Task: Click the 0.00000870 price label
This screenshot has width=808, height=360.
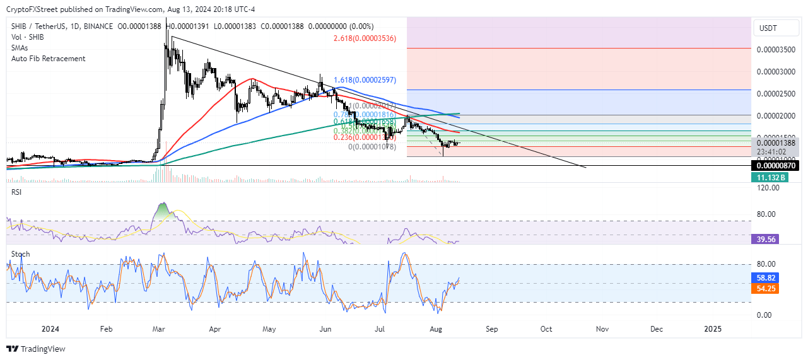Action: click(775, 165)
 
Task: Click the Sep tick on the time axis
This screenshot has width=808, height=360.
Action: click(491, 329)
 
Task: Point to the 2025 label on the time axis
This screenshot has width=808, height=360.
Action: click(712, 329)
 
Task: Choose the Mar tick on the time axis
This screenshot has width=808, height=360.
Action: click(159, 329)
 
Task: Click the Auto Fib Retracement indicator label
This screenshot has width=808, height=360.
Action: click(48, 59)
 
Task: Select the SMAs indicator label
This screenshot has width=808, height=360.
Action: click(21, 48)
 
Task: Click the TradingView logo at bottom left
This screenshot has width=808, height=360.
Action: click(36, 349)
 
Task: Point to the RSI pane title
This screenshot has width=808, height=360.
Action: click(16, 192)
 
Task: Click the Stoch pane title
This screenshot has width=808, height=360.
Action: click(20, 254)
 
